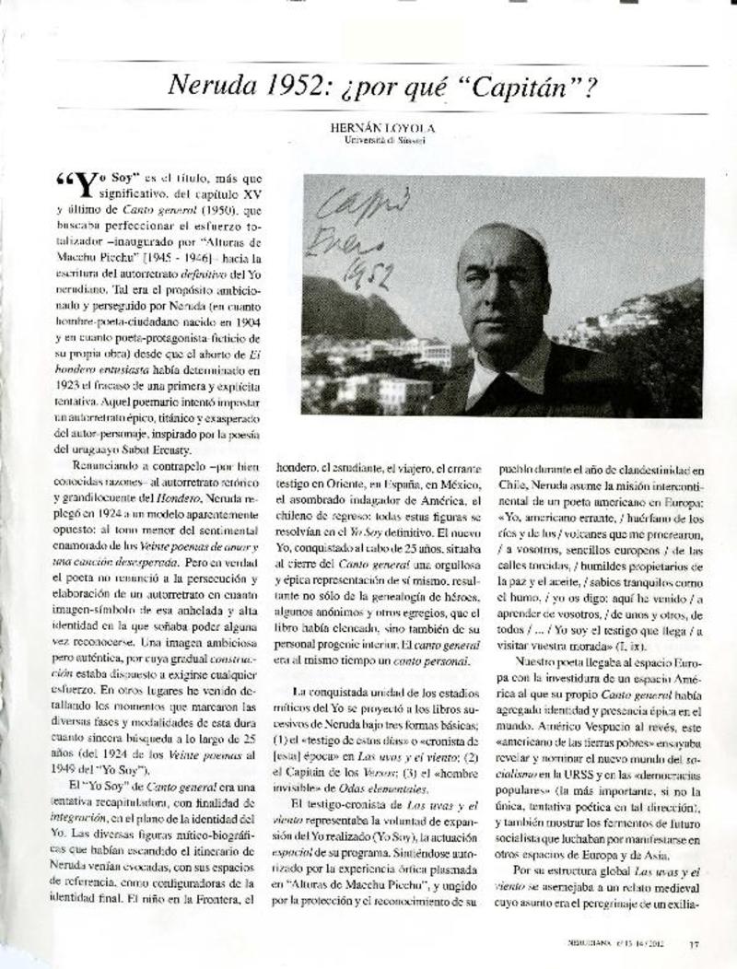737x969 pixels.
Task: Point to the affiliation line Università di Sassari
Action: tap(385, 142)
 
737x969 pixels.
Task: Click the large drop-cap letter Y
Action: tap(82, 183)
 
